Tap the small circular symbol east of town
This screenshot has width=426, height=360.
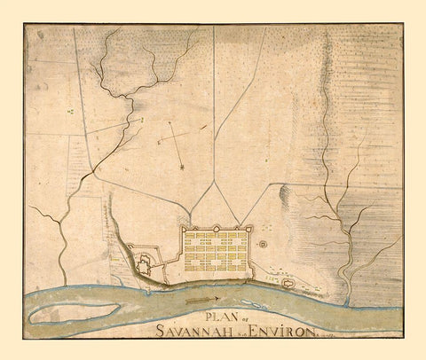263,242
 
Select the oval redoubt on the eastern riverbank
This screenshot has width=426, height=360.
288,282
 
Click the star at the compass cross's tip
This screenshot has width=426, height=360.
181,166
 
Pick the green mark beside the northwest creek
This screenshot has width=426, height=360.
70,112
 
